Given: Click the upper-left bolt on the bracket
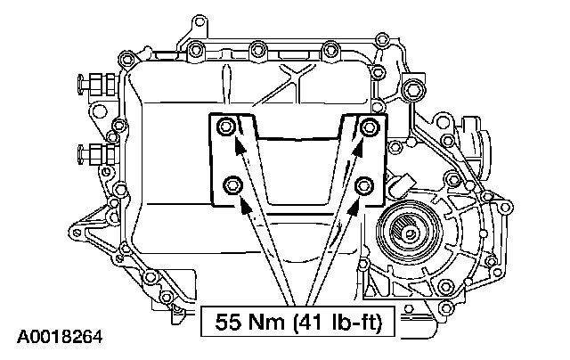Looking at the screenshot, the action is pyautogui.click(x=225, y=127).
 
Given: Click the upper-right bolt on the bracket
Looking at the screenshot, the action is pyautogui.click(x=369, y=127).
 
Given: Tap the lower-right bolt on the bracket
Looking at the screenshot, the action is pyautogui.click(x=364, y=185).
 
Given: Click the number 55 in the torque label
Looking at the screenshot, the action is pyautogui.click(x=229, y=322).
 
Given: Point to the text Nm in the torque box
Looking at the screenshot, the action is pyautogui.click(x=266, y=322).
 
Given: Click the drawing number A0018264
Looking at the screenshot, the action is pyautogui.click(x=60, y=338).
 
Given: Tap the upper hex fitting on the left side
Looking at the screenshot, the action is pyautogui.click(x=97, y=85).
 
